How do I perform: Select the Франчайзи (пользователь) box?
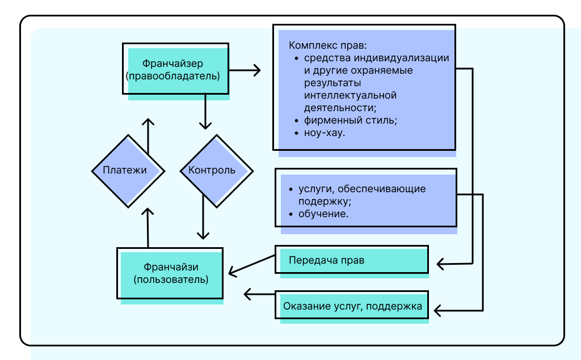(171, 273)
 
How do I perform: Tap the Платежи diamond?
(128, 170)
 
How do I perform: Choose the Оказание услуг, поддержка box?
(352, 307)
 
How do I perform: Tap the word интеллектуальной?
(350, 95)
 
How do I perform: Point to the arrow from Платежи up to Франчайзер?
(148, 136)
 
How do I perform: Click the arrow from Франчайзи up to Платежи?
(148, 227)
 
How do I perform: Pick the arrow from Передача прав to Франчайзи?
(252, 265)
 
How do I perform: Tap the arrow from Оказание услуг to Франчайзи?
(259, 294)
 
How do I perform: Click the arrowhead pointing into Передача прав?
(441, 264)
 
